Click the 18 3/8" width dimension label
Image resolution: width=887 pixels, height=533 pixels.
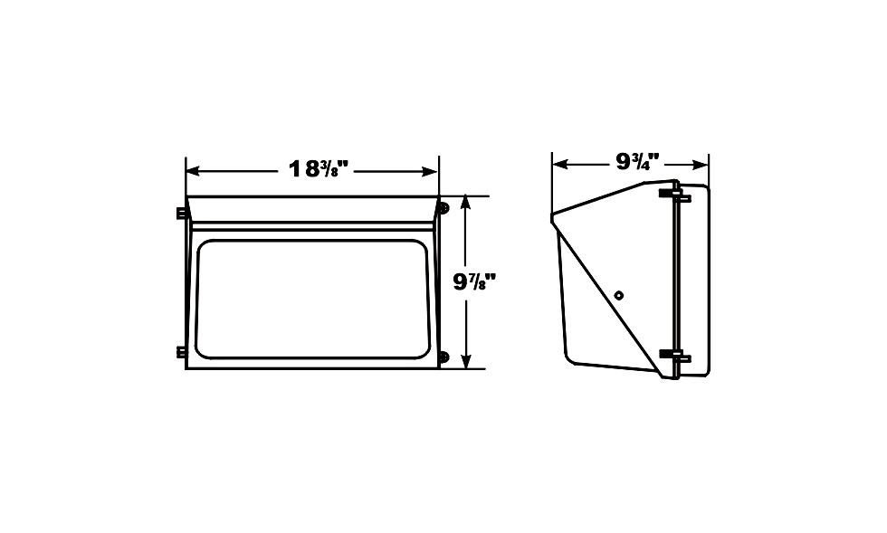coord(319,169)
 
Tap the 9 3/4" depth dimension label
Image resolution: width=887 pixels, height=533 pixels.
coord(637,163)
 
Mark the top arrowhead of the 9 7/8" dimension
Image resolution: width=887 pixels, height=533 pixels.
coord(466,203)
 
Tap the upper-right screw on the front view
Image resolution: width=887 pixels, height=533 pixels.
coord(443,208)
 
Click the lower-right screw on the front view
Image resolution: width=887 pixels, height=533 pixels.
coord(443,357)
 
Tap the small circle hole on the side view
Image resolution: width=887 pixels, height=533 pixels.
coord(618,294)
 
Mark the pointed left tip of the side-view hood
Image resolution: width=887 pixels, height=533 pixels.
coord(553,217)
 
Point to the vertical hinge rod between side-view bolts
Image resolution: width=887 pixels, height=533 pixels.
coord(675,271)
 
